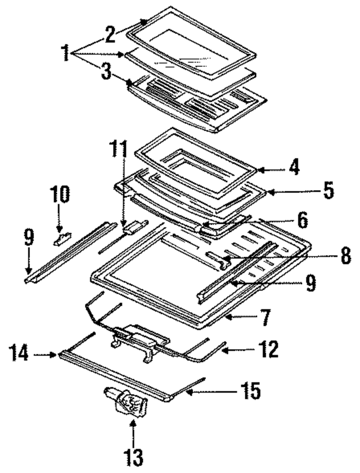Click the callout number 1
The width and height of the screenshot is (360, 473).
65,53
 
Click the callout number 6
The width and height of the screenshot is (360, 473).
303,220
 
